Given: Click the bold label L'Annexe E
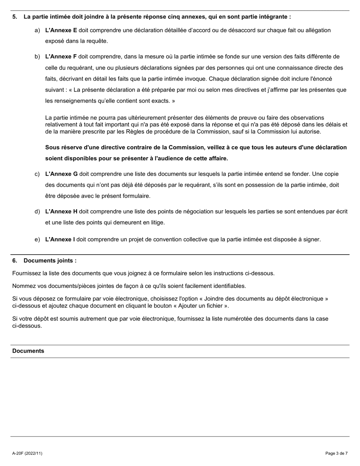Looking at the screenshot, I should pyautogui.click(x=61, y=30).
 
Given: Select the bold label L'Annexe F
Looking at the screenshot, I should pyautogui.click(x=61, y=57).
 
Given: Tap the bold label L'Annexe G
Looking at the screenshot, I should pyautogui.click(x=61, y=174).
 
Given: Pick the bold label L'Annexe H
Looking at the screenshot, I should pyautogui.click(x=61, y=212).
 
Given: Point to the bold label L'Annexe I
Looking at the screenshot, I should pyautogui.click(x=60, y=240).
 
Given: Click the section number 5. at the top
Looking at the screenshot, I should pyautogui.click(x=15, y=17).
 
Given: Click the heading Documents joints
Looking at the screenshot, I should pyautogui.click(x=50, y=261).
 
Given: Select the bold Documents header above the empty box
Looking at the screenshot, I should pyautogui.click(x=28, y=351).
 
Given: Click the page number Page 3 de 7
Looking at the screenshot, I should pyautogui.click(x=336, y=453).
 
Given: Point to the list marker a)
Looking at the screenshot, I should pyautogui.click(x=37, y=30).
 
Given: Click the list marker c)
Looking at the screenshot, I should pyautogui.click(x=37, y=174).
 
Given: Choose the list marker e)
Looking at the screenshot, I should pyautogui.click(x=37, y=240).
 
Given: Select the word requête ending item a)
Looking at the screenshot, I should pyautogui.click(x=97, y=41).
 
